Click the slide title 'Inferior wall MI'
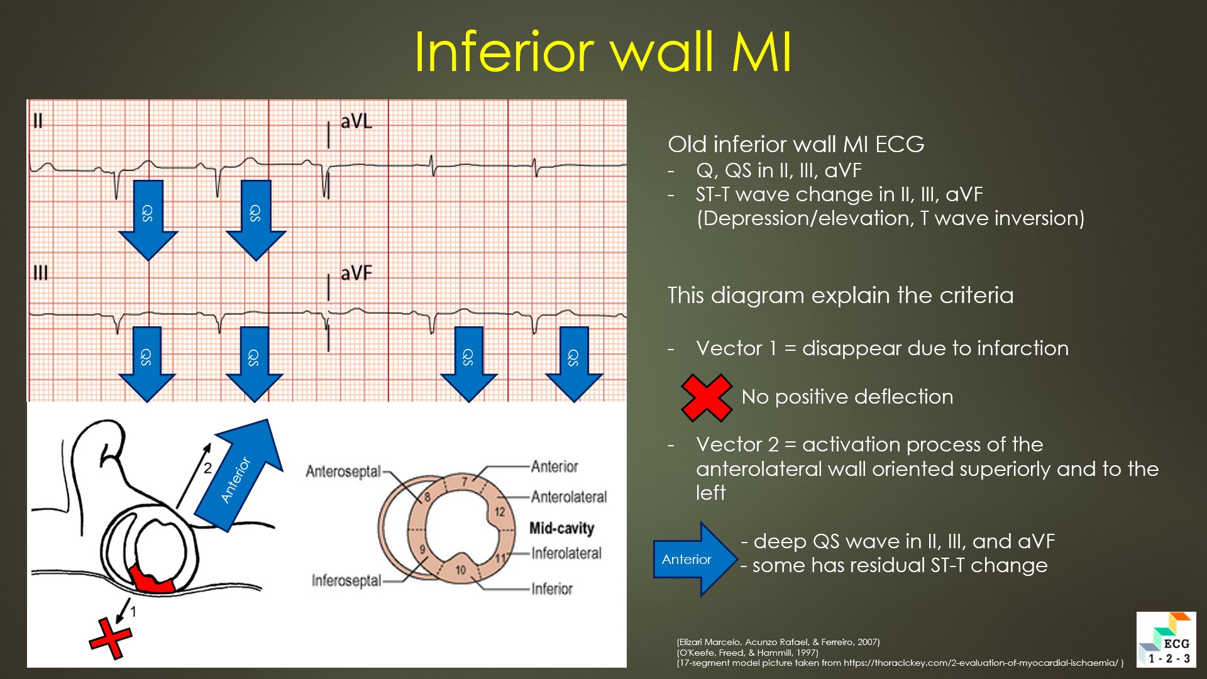click(x=603, y=52)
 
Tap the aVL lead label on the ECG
click(x=356, y=121)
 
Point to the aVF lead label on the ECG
click(x=356, y=273)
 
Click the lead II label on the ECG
click(x=38, y=120)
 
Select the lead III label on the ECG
click(x=40, y=273)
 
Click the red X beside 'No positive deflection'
click(x=707, y=397)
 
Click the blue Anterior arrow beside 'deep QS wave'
click(x=695, y=559)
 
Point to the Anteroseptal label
click(x=343, y=472)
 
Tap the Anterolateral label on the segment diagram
click(x=569, y=497)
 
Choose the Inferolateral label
click(x=566, y=553)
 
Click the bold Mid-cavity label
click(x=561, y=528)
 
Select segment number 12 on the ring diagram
click(x=500, y=512)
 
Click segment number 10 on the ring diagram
click(x=461, y=570)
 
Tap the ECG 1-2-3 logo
click(x=1166, y=639)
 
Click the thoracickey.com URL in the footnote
click(x=981, y=663)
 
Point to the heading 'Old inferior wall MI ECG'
click(x=796, y=145)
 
